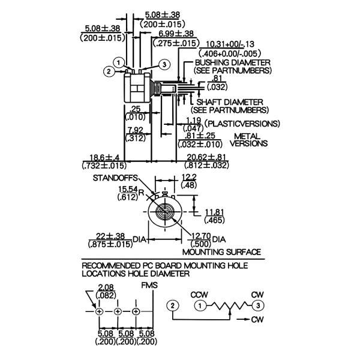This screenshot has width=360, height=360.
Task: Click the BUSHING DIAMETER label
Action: (x=232, y=62)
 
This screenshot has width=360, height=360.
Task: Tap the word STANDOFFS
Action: (x=115, y=178)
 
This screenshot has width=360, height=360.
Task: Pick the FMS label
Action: (x=149, y=286)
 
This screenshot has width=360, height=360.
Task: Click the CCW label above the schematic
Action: (x=199, y=295)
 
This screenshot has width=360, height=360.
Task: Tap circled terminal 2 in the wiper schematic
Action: (x=173, y=305)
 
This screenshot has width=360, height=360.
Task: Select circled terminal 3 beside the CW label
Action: (x=257, y=305)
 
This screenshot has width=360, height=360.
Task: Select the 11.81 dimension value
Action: (x=213, y=212)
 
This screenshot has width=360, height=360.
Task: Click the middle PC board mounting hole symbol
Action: (x=118, y=311)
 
